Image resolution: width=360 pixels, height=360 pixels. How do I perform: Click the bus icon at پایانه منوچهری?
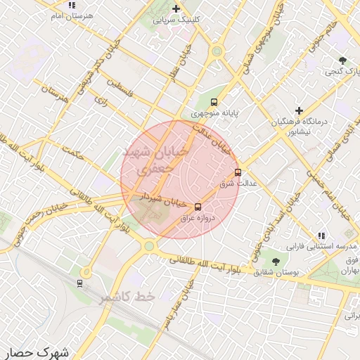(214, 101)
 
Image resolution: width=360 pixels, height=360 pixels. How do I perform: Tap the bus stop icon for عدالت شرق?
(238, 172)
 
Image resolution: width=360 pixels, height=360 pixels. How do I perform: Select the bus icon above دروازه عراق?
(198, 207)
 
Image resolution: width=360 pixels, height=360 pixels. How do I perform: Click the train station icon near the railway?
(80, 283)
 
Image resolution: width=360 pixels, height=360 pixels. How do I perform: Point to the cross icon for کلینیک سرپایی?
(176, 8)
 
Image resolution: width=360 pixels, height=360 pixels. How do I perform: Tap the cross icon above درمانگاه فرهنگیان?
(300, 110)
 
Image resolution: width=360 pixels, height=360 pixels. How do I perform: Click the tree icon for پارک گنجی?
(342, 60)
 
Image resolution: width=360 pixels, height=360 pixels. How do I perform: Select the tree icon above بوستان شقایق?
(264, 262)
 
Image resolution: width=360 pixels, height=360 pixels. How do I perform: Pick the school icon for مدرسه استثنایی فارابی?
(321, 236)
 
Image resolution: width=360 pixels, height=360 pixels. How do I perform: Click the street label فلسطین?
(120, 90)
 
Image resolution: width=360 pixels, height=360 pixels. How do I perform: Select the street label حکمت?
(72, 152)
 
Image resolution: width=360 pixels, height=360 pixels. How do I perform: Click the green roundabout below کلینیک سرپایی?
(217, 51)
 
